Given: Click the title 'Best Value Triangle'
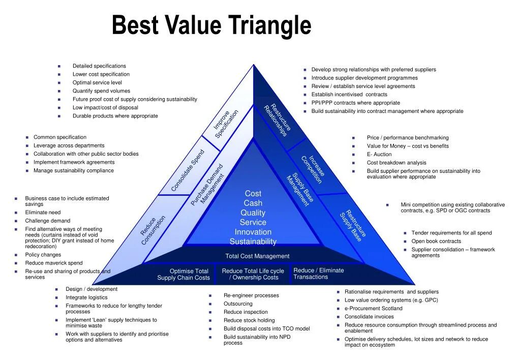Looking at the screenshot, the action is (x=211, y=25).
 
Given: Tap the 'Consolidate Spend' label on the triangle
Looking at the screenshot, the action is (x=188, y=170).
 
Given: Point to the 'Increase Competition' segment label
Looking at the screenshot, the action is (x=313, y=169).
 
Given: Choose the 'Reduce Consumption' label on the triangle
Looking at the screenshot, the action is (x=153, y=230).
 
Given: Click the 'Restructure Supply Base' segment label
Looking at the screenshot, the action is (x=353, y=226).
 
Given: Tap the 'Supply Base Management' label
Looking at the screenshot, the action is (x=300, y=190).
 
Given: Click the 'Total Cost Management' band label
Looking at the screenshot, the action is (x=257, y=256).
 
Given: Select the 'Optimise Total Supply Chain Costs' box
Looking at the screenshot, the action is (x=183, y=275).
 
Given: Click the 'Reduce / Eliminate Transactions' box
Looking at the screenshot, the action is (x=319, y=274).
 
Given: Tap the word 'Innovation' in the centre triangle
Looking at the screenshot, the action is (x=253, y=232).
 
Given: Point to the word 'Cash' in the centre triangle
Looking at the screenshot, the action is (x=253, y=203).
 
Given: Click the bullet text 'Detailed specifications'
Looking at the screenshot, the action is (x=99, y=66).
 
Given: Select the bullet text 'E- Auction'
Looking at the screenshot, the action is (x=379, y=155).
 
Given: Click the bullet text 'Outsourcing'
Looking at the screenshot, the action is (x=238, y=304).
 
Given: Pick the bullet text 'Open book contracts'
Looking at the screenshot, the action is (x=436, y=242).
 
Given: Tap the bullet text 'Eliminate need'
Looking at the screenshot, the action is (x=43, y=213).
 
